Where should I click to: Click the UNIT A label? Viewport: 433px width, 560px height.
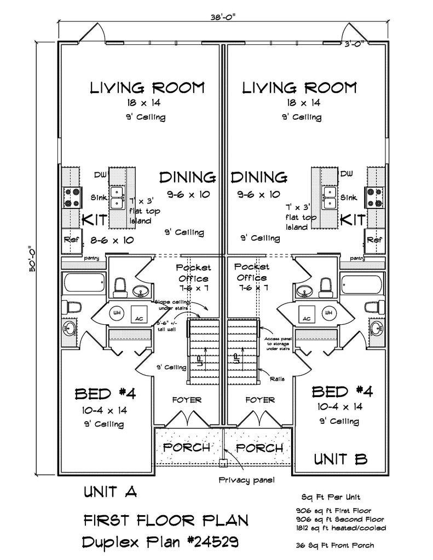(x=109, y=492)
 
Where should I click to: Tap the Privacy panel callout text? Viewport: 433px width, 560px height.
(x=246, y=480)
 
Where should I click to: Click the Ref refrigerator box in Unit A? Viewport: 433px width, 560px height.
(x=71, y=240)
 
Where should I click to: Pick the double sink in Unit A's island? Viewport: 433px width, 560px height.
(x=117, y=197)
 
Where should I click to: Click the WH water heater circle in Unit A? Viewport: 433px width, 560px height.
(x=117, y=313)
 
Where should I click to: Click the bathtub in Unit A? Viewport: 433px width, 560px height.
(x=84, y=284)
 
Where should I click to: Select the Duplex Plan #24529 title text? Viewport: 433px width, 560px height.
(x=160, y=542)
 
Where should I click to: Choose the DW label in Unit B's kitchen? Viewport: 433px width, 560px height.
(x=346, y=174)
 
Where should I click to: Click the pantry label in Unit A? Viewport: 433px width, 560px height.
(x=91, y=257)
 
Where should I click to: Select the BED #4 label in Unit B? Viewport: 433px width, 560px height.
(x=338, y=392)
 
